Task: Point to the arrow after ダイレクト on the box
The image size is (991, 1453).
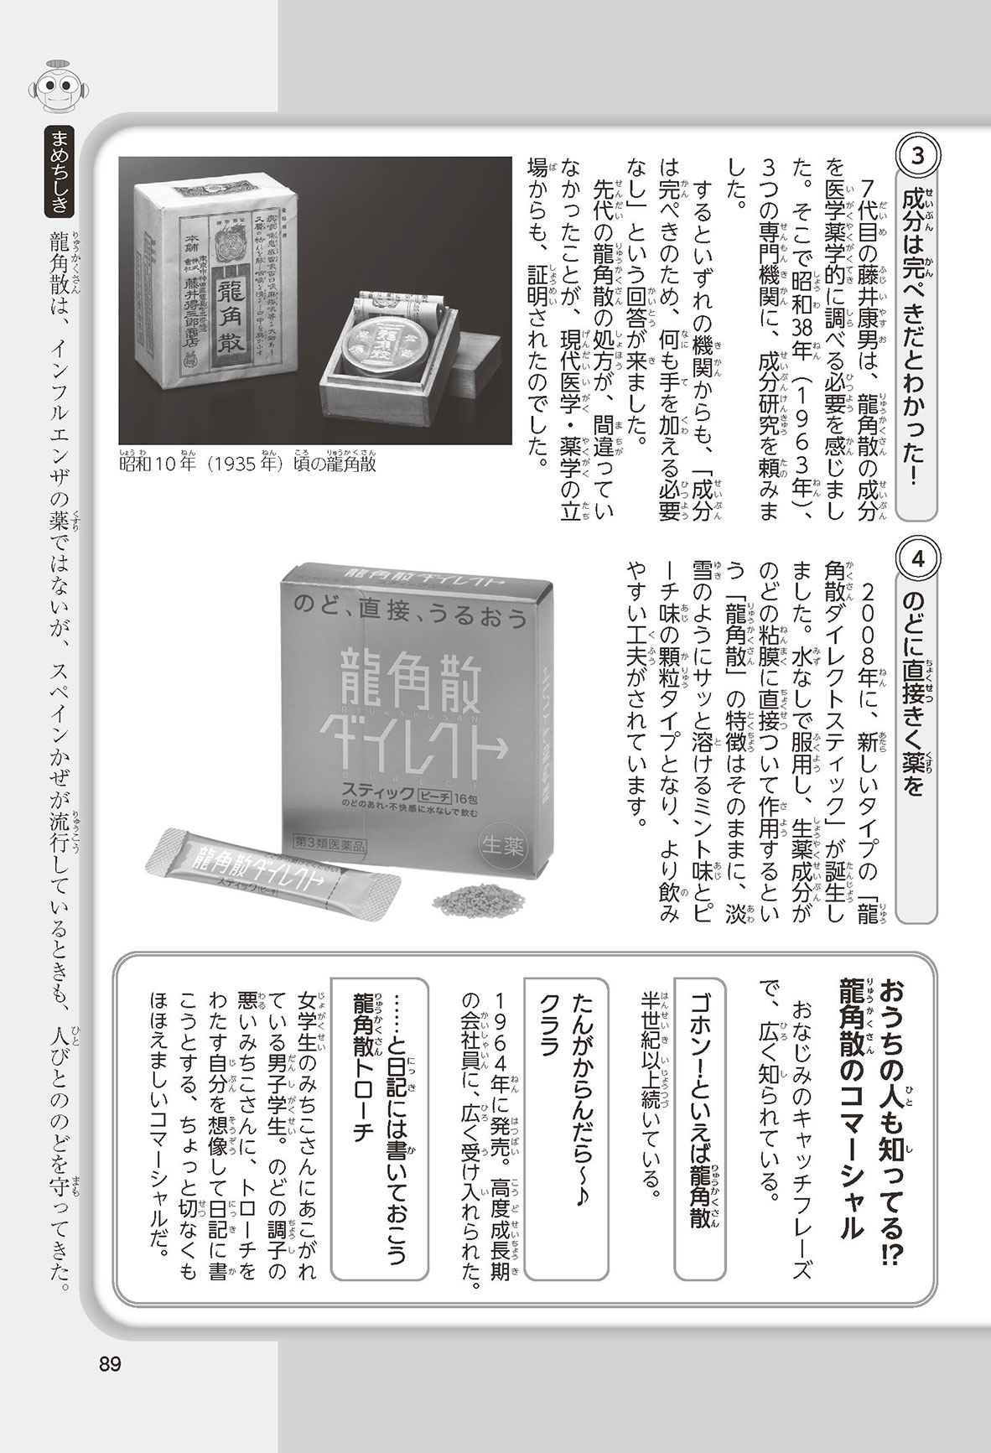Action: (x=503, y=719)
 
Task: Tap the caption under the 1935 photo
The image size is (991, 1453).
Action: (x=247, y=464)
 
